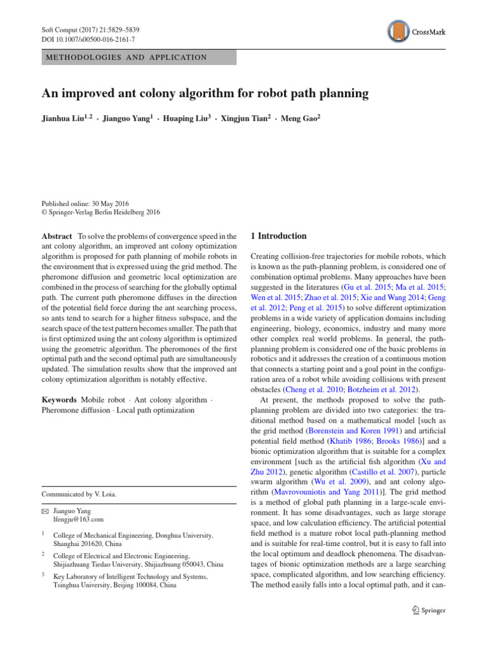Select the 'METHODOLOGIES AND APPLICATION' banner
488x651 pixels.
click(139, 57)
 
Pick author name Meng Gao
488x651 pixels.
click(299, 118)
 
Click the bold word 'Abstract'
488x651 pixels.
click(56, 236)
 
